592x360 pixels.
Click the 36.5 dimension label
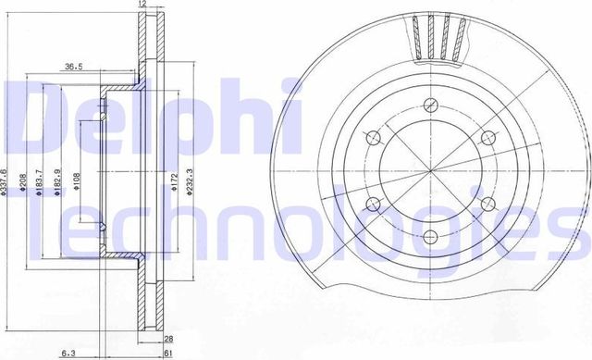[x=75, y=66]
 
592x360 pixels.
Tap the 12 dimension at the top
[x=142, y=6]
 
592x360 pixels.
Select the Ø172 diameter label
[x=171, y=179]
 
